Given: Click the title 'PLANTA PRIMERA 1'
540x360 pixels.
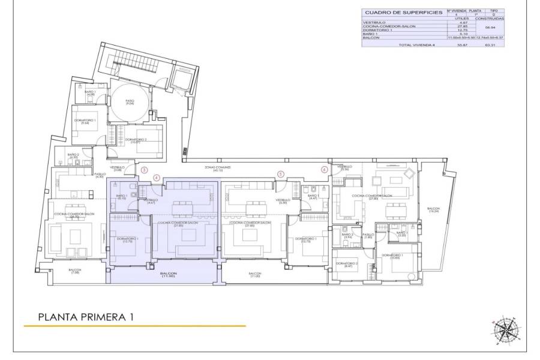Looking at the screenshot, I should click(85, 316).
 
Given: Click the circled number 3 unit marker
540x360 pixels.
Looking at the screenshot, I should click(144, 170).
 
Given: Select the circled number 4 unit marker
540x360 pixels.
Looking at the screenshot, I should click(157, 178).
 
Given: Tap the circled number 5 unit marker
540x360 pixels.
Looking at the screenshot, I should click(280, 174).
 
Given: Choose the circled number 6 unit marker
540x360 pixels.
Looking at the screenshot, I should click(325, 170).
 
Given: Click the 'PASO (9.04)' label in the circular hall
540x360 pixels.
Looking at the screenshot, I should click(130, 102).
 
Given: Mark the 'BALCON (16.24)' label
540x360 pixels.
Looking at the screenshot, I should click(433, 210).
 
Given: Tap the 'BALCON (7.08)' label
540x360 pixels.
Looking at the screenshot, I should click(74, 271).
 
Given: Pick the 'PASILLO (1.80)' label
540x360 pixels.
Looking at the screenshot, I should click(368, 236).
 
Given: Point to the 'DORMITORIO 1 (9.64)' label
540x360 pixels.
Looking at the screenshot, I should click(85, 122).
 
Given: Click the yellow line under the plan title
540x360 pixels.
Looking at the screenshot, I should click(135, 326).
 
